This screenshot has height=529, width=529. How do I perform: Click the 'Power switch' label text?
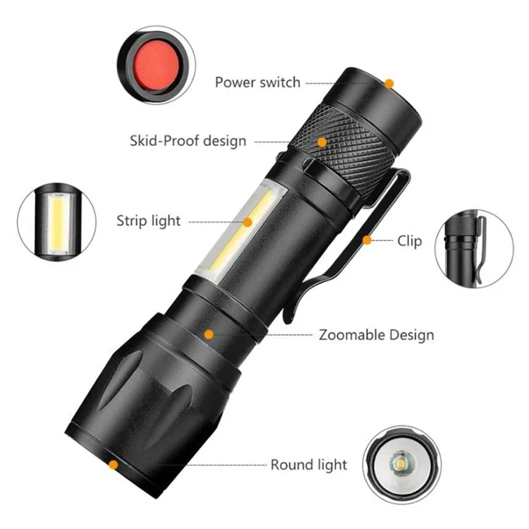tap(257, 83)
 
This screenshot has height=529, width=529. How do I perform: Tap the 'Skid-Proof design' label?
tap(188, 140)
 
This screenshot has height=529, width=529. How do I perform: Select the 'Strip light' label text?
tap(148, 221)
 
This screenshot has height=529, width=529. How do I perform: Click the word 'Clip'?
tap(410, 241)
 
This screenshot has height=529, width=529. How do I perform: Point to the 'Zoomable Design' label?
tap(377, 335)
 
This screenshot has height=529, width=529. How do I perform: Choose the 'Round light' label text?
tap(309, 466)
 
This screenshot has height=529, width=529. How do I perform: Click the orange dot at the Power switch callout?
tap(389, 83)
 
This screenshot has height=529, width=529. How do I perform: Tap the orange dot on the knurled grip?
tap(322, 142)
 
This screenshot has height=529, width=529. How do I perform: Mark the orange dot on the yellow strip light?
tap(248, 222)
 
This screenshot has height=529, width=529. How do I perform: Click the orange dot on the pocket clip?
tap(367, 241)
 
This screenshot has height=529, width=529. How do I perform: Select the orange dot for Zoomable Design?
tap(209, 334)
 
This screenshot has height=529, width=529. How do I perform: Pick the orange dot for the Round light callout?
tap(114, 465)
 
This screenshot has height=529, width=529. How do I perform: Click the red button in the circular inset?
tap(156, 64)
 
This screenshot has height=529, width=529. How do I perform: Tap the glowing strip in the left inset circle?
tap(57, 223)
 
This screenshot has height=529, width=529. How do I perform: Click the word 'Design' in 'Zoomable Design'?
tap(412, 335)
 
